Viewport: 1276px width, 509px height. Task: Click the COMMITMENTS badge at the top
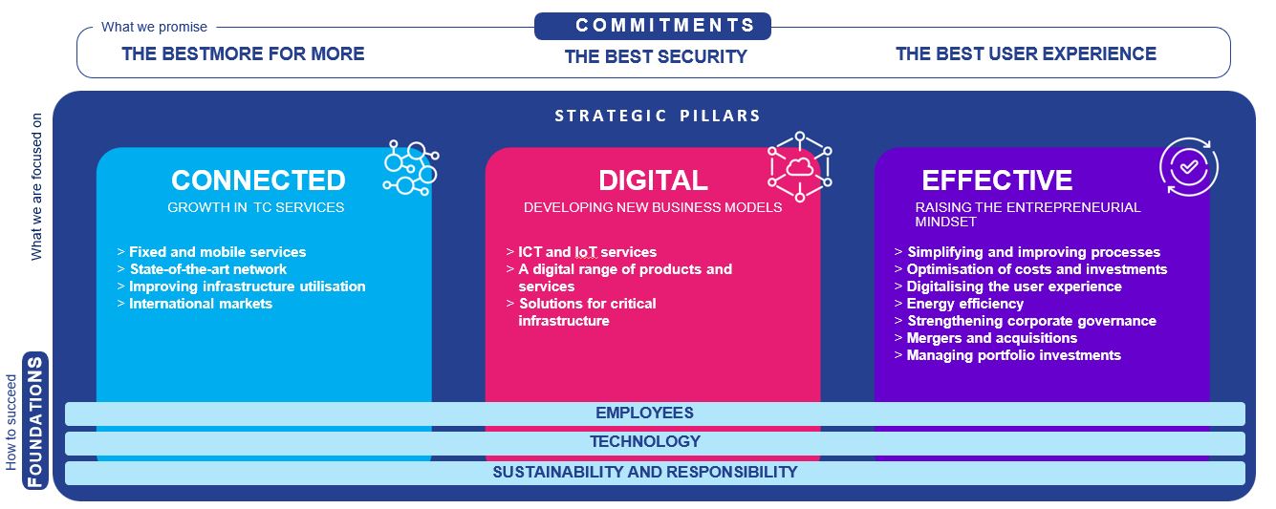653,26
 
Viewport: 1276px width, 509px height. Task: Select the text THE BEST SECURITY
656,56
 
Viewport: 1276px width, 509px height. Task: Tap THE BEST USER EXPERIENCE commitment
1026,54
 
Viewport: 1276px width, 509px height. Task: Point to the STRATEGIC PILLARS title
658,116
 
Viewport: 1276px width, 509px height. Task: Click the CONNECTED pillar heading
258,180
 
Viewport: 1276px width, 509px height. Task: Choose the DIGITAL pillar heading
653,180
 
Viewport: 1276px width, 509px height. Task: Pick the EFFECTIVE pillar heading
997,180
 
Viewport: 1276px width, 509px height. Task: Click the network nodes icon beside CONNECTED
410,169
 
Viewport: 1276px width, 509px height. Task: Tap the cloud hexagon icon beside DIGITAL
799,167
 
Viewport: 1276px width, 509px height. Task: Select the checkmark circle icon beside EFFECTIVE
1188,167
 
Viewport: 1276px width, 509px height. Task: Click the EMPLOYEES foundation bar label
644,414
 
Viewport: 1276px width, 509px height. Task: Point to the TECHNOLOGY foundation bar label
644,442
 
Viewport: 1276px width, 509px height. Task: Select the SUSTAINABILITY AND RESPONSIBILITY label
644,472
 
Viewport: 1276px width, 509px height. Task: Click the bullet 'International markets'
201,304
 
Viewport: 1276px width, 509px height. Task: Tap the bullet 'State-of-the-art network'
207,269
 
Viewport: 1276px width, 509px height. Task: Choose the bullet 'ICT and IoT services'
587,252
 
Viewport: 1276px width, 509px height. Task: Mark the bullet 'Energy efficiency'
964,304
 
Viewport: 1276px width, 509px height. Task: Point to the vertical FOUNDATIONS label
36,421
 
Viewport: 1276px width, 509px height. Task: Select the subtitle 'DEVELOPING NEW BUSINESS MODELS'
653,207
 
